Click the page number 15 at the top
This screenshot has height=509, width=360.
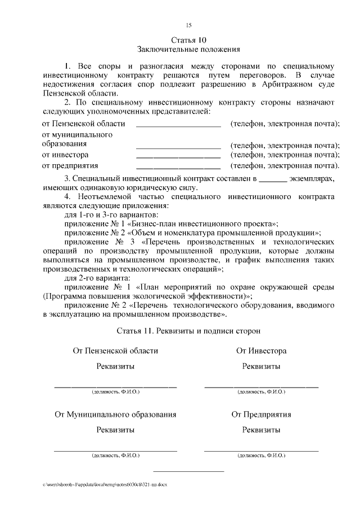pyautogui.click(x=188, y=25)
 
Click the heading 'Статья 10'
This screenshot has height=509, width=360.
pyautogui.click(x=188, y=40)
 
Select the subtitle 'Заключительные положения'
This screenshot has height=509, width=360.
pyautogui.click(x=188, y=49)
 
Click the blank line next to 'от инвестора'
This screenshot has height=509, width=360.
pyautogui.click(x=178, y=156)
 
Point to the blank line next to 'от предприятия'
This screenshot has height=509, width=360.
pyautogui.click(x=178, y=167)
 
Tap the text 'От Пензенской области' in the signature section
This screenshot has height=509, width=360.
pyautogui.click(x=115, y=351)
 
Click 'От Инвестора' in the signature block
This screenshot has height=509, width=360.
pyautogui.click(x=261, y=351)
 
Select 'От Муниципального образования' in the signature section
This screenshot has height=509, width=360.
pyautogui.click(x=115, y=415)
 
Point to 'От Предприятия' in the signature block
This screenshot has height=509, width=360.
pyautogui.click(x=261, y=415)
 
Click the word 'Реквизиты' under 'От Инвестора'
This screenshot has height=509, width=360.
pyautogui.click(x=261, y=366)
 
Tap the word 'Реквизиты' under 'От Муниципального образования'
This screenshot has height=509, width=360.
pyautogui.click(x=115, y=430)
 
